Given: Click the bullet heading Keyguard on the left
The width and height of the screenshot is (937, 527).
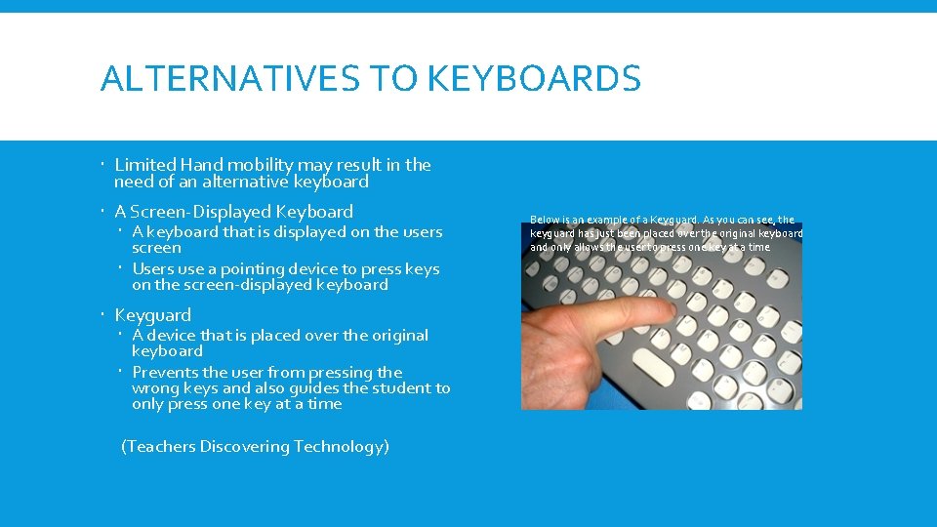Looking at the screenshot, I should (152, 315).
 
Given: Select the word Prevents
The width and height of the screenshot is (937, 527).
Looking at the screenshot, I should (164, 373).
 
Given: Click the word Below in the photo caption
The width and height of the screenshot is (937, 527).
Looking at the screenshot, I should (543, 220).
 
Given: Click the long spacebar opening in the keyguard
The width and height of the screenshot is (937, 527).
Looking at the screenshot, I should (659, 366).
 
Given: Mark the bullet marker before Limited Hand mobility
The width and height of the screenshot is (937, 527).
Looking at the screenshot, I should (103, 165).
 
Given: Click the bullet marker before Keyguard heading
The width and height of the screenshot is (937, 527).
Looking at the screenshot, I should (103, 315).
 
